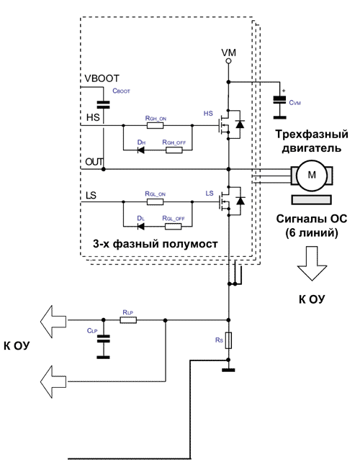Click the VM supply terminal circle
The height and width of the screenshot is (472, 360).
(x=228, y=61)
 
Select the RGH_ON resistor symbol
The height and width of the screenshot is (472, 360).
(x=155, y=125)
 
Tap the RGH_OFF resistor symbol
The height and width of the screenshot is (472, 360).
(x=174, y=150)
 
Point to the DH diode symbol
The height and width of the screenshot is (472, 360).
(x=140, y=150)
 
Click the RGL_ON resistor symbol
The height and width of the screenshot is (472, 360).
(x=155, y=201)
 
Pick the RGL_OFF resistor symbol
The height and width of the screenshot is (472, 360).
(x=174, y=226)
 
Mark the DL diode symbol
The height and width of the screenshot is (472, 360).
(x=140, y=226)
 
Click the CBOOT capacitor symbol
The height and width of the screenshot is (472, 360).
(x=103, y=105)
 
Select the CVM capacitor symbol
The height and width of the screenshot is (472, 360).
(x=279, y=100)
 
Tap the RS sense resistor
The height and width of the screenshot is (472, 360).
(x=228, y=340)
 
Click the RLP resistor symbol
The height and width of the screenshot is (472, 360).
(x=128, y=320)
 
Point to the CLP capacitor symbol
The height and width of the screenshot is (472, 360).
(x=103, y=339)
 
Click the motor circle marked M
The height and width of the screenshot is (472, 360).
(x=312, y=175)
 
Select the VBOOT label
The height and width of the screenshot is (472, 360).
(x=102, y=78)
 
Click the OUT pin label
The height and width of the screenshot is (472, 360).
(x=94, y=162)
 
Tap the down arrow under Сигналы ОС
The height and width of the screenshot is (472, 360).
(x=312, y=263)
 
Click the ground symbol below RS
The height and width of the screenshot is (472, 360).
(x=228, y=370)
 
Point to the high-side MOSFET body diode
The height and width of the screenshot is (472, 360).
(x=240, y=124)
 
